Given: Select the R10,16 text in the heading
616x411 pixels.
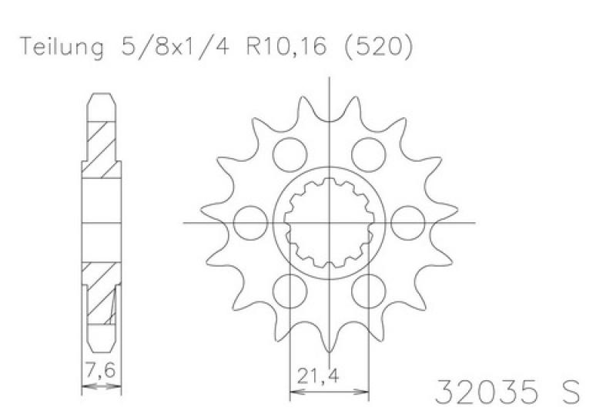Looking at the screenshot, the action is (x=286, y=46).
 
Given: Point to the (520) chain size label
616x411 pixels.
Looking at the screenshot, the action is (x=378, y=47).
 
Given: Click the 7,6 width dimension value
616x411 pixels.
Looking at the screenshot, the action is (x=101, y=370).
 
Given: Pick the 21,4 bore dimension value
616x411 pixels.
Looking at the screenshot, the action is (x=317, y=376).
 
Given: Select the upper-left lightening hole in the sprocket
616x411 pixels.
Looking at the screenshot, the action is (x=290, y=154).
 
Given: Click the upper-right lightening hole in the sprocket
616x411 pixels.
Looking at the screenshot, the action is (x=369, y=154).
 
